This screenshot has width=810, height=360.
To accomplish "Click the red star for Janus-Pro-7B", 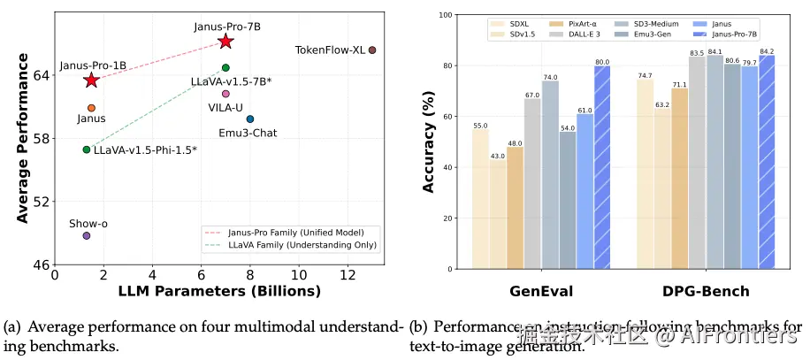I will [225, 42].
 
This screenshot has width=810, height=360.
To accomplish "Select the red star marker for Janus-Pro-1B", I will [91, 80].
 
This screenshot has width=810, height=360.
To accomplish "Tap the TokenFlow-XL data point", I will [372, 50].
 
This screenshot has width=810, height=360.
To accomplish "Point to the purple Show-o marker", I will [87, 235].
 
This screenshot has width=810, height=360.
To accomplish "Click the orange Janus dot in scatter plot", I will [91, 108].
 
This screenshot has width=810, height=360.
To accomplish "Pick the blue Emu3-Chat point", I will [250, 119].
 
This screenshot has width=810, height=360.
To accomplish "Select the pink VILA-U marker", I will [225, 94].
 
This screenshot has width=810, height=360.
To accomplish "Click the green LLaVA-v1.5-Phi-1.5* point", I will [87, 149].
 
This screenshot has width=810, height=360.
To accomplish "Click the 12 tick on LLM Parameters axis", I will [348, 276].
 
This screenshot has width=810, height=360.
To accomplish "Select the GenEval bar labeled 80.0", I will [602, 167].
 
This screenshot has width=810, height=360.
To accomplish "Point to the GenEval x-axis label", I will [540, 291].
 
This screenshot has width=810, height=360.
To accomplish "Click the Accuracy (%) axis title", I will [429, 142].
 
